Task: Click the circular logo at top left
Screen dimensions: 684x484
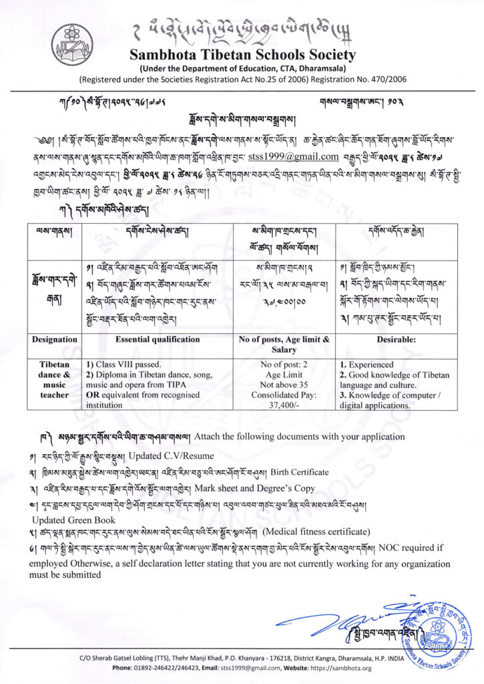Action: pos(69,42)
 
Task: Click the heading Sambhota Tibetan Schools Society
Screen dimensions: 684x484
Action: pos(242,55)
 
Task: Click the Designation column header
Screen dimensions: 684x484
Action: pos(55,339)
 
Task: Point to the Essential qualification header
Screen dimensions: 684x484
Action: pos(158,339)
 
